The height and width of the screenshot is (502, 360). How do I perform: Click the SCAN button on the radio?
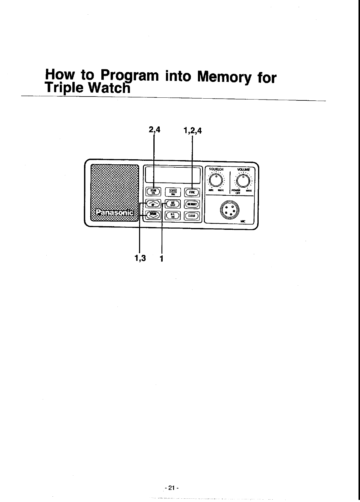point(153,192)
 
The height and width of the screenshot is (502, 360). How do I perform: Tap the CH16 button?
point(173,192)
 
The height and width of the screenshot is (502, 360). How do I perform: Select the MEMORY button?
point(192,204)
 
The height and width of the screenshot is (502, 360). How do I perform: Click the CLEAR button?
point(192,216)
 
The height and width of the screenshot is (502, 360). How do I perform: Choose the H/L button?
point(173,215)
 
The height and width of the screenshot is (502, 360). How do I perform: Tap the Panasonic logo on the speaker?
point(115,213)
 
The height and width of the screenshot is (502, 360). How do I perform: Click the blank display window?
point(173,175)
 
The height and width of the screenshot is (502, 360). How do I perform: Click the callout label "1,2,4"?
point(193,131)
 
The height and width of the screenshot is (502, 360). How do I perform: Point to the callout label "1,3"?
point(140,258)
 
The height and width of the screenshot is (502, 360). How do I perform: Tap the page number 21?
point(171,488)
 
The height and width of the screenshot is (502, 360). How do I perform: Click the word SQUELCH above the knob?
point(216,169)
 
